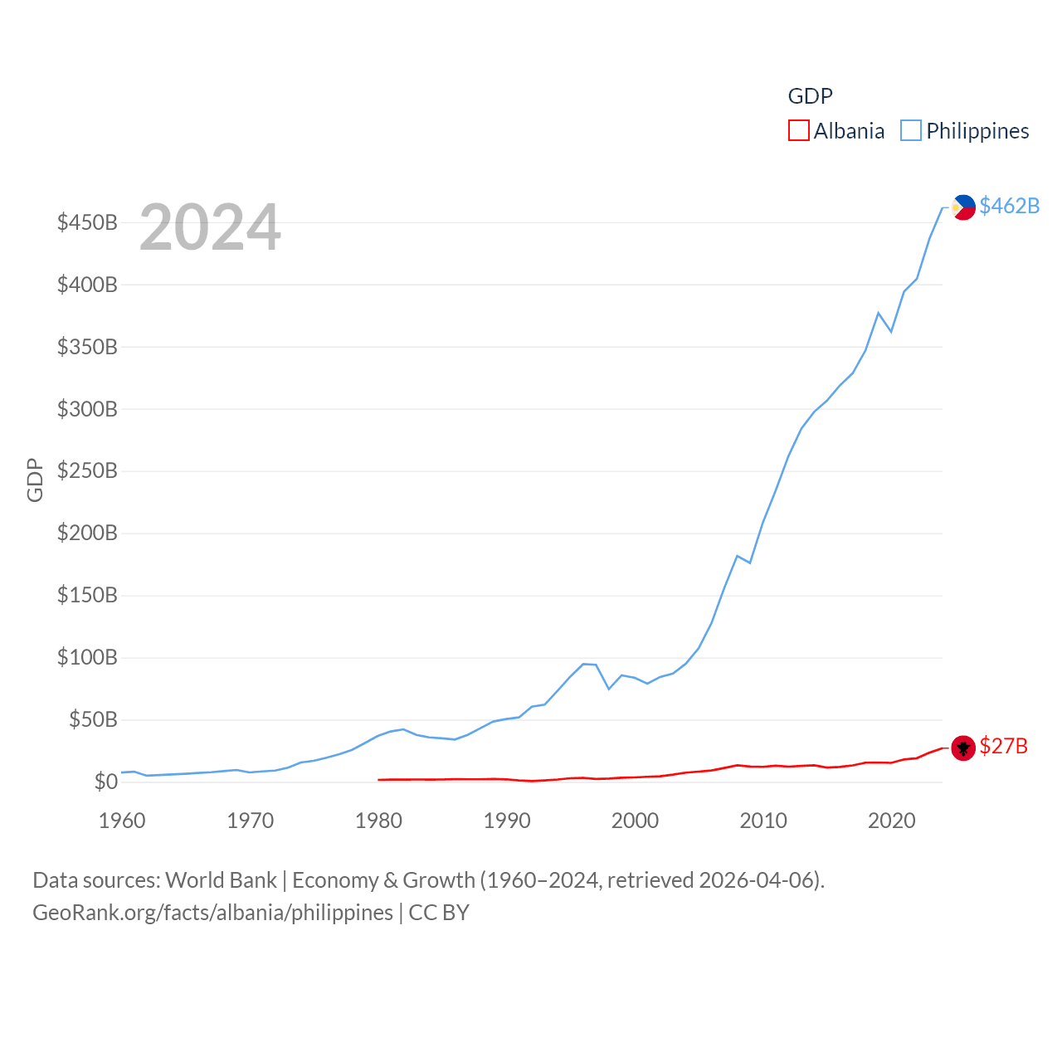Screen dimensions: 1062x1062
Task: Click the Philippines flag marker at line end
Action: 963,207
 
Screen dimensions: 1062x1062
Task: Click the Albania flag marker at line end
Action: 963,748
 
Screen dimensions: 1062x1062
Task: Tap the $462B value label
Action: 1009,206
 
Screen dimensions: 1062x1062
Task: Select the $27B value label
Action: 1003,746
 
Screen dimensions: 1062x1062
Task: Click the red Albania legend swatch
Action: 798,131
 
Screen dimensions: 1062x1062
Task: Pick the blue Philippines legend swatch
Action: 911,131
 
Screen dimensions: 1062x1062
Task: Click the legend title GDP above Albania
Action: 810,96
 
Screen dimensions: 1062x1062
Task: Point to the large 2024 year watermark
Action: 210,227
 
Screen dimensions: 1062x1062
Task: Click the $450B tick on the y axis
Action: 87,222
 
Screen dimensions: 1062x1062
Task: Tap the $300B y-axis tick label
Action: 87,409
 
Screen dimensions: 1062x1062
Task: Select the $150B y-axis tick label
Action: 87,595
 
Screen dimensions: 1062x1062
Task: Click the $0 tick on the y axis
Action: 105,782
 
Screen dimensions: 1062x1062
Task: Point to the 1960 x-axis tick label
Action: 122,821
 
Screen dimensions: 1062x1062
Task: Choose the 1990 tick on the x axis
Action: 507,821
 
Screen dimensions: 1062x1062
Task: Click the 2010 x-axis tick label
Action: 763,821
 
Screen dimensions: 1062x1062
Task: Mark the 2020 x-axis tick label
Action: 891,821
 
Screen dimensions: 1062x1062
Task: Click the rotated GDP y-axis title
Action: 35,480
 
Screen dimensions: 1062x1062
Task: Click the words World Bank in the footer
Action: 221,880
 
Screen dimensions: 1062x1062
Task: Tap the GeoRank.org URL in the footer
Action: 212,913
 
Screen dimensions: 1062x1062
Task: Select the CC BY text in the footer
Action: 439,913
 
